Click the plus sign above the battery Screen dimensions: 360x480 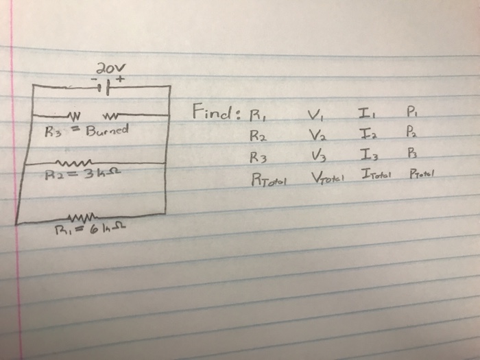click(121, 78)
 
